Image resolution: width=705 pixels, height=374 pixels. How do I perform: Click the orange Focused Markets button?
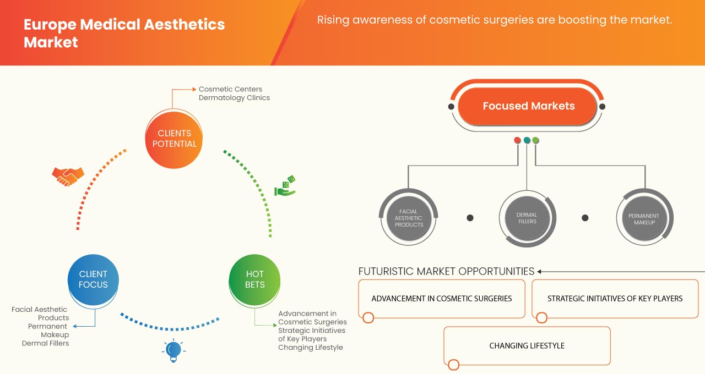coord(528,106)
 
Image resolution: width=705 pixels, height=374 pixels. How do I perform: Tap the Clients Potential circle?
coord(173,139)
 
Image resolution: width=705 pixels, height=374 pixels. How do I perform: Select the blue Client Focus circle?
coord(93,279)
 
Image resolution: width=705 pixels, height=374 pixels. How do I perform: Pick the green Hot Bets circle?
coord(254,279)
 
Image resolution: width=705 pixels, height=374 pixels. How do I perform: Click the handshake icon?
coord(68,176)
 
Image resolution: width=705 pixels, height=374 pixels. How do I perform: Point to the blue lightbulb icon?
coord(173,350)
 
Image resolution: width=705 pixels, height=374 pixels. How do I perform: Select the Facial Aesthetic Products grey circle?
coord(409,218)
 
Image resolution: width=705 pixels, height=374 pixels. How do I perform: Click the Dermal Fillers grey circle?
coord(527,218)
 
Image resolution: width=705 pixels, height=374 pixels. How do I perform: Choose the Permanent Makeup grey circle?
coord(644,218)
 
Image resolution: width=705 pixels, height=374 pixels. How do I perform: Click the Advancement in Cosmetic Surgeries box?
coord(442,299)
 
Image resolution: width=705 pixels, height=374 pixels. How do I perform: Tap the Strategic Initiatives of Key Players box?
coord(615,299)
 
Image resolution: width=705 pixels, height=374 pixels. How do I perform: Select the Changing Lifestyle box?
coord(527,346)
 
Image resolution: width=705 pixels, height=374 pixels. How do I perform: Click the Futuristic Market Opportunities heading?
coord(446,271)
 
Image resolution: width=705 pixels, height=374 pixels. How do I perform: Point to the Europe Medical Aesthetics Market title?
coord(124,33)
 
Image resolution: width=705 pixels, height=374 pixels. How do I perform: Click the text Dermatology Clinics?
coord(234,98)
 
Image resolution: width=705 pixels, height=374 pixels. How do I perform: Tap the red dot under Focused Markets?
coord(517,140)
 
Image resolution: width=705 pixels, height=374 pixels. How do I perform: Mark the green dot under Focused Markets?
coord(535,140)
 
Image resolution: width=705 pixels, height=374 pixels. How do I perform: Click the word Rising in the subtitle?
coord(334,20)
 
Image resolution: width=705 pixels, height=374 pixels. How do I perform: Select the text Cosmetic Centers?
coord(230,89)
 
